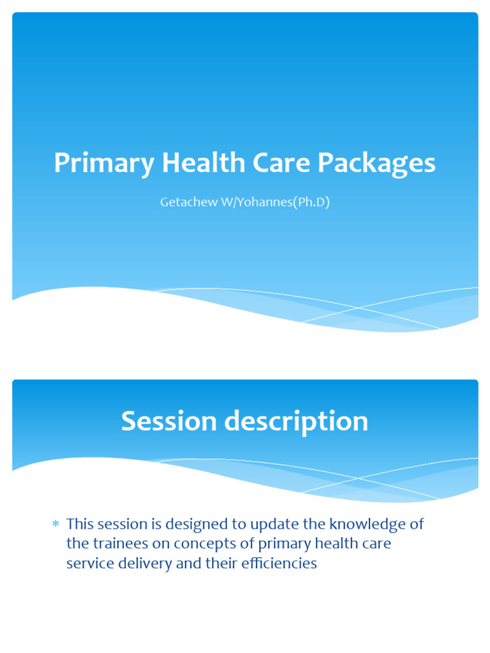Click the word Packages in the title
[x=376, y=163]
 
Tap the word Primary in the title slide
[x=104, y=163]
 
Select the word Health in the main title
[x=203, y=163]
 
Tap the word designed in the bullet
[x=194, y=524]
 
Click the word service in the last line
[x=87, y=564]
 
